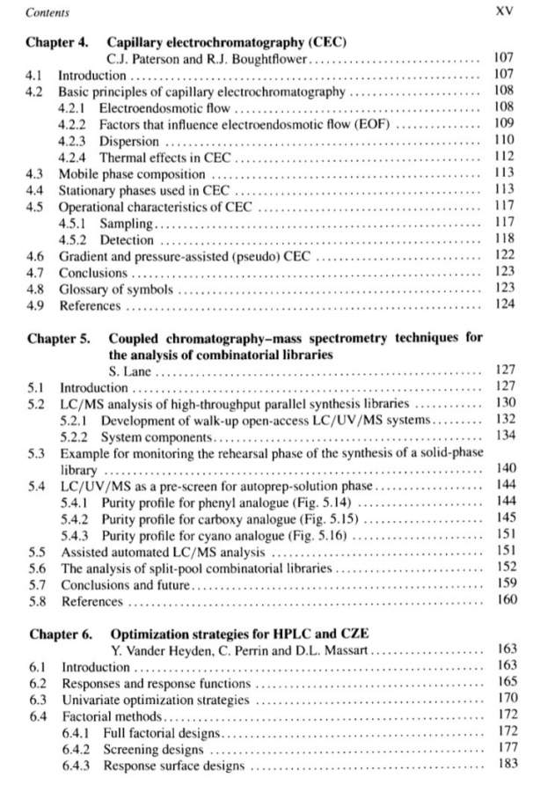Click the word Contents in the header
47,13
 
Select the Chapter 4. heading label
56,41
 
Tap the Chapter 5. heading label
58,339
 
